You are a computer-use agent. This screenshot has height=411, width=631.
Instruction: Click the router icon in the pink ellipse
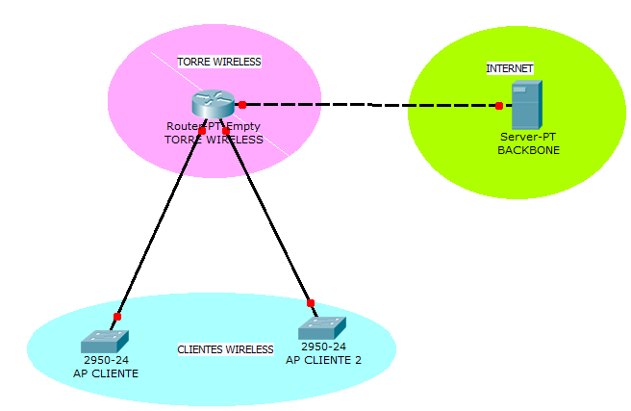click(x=211, y=103)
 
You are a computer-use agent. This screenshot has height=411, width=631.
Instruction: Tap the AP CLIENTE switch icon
click(x=105, y=341)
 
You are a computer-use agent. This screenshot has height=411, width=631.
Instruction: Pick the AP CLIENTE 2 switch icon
click(x=321, y=328)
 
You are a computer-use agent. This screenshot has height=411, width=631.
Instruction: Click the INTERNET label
click(x=510, y=68)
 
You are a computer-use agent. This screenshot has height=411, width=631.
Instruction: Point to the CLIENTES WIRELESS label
click(x=225, y=348)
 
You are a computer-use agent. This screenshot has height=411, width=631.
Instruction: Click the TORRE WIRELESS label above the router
click(x=219, y=62)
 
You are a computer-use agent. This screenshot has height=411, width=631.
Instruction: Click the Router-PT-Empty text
click(x=214, y=126)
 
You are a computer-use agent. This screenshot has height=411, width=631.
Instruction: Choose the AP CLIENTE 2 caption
click(x=323, y=359)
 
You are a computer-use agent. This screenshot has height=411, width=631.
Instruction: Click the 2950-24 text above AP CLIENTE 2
click(x=322, y=347)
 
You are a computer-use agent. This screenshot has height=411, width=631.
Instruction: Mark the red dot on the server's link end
click(x=498, y=106)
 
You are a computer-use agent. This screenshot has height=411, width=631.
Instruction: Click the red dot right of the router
click(x=242, y=104)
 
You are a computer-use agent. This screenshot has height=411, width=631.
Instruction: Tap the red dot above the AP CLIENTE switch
click(x=117, y=317)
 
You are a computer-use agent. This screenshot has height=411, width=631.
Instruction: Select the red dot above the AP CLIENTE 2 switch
click(x=310, y=300)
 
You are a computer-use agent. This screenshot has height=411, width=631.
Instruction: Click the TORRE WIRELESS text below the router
click(x=214, y=140)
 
